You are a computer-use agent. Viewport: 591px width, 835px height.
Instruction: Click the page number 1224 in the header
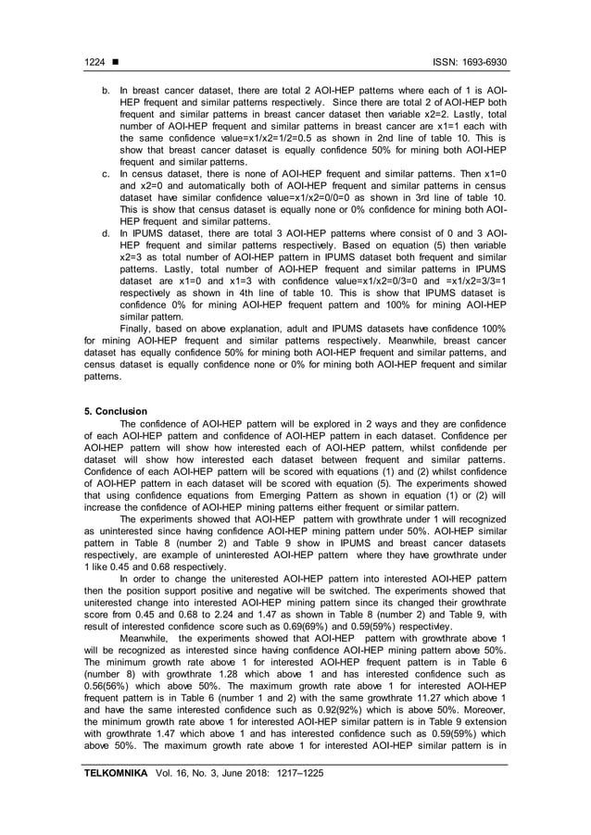(94, 62)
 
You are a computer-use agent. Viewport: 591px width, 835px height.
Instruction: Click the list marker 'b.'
(107, 91)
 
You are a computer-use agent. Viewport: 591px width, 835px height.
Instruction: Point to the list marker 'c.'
(107, 173)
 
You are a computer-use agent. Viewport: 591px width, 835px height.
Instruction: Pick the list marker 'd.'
(107, 233)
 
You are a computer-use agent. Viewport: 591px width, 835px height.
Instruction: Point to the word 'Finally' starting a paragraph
(138, 329)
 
